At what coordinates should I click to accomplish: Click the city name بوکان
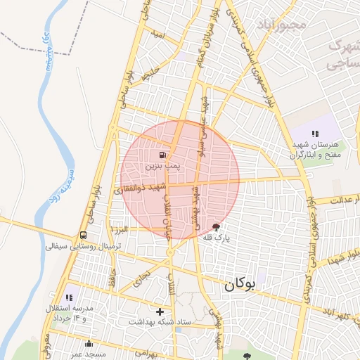click(x=239, y=286)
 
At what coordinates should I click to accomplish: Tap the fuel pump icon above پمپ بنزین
click(x=163, y=155)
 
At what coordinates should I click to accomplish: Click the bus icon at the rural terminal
click(x=84, y=236)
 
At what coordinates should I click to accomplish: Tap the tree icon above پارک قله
click(x=216, y=226)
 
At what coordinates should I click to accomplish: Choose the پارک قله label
click(x=217, y=238)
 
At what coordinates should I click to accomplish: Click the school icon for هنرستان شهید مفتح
click(x=316, y=133)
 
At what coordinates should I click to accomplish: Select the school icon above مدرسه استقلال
click(x=69, y=297)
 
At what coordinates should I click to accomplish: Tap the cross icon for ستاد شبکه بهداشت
click(x=160, y=311)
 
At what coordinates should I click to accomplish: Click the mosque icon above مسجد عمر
click(x=89, y=344)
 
